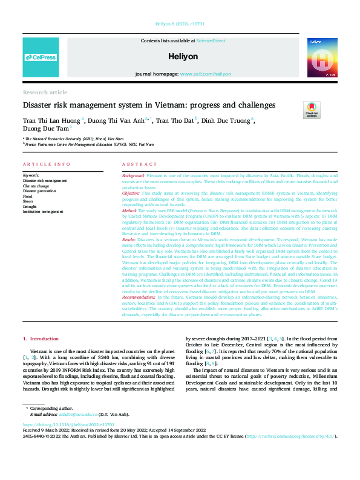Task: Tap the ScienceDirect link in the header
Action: pos(211,41)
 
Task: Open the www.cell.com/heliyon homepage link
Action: pos(205,74)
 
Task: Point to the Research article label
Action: pos(45,92)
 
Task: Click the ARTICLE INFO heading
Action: pos(42,164)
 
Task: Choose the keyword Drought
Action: pos(31,206)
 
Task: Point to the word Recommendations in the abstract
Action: pos(139,281)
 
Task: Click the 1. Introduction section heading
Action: pos(41,323)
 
